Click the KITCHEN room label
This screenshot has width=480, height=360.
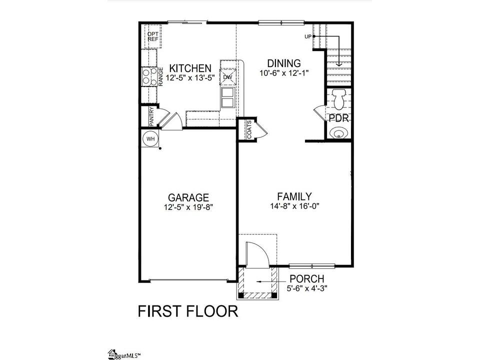pos(190,68)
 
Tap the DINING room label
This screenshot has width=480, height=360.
pos(284,63)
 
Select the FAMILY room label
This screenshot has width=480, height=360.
pos(294,196)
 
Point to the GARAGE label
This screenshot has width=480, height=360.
pos(188,197)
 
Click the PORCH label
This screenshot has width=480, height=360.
pos(306,279)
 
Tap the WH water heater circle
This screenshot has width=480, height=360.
pos(150,138)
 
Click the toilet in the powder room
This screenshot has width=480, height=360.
pos(338,99)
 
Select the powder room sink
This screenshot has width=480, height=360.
pos(338,133)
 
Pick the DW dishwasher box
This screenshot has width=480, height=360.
pos(228,77)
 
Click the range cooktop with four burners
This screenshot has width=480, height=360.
pos(149,77)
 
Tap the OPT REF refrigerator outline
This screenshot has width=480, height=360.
pos(153,36)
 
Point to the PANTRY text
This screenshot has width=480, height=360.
pos(151,116)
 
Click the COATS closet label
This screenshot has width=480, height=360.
pos(249,129)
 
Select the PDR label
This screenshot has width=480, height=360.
pos(339,118)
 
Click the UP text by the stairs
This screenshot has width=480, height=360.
pos(308,36)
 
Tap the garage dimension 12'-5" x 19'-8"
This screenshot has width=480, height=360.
pos(188,207)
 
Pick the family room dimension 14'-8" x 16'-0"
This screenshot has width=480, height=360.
pos(295,206)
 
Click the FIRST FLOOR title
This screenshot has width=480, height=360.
pos(188,311)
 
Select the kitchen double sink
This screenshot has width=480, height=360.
pos(228,97)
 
